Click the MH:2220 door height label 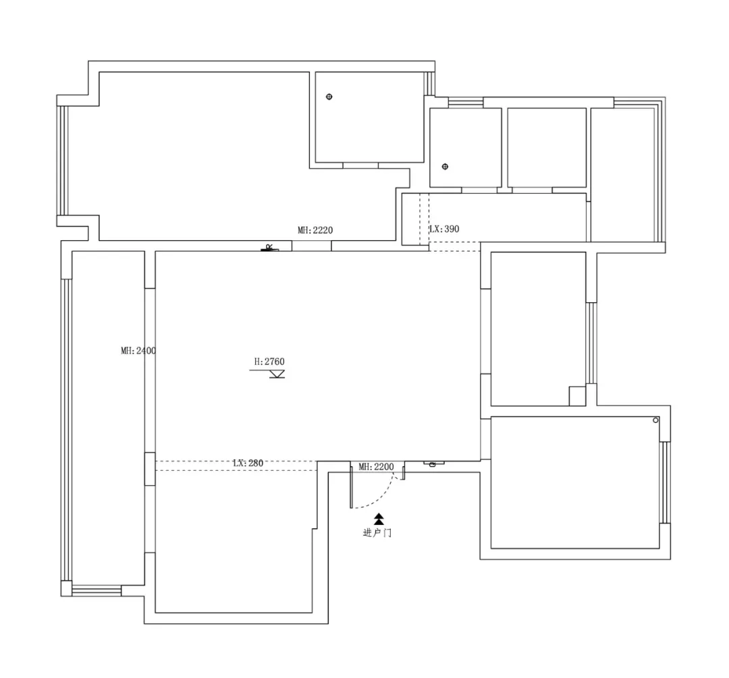[x=315, y=230]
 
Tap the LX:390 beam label [x=444, y=229]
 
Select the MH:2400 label [x=138, y=350]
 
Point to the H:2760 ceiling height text [x=269, y=362]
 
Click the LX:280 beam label [x=248, y=463]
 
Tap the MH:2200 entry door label [x=376, y=467]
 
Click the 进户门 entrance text [x=377, y=532]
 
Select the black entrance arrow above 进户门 [x=379, y=519]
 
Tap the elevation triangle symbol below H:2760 [x=277, y=374]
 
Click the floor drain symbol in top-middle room [x=329, y=96]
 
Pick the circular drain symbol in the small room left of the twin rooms [x=445, y=167]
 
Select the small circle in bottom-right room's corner [x=655, y=420]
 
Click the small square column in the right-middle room [x=577, y=396]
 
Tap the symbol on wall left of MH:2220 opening [x=269, y=248]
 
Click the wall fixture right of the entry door [x=434, y=463]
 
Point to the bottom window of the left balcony [x=97, y=591]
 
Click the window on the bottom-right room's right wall [x=665, y=482]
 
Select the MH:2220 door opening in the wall [x=311, y=246]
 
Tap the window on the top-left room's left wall [x=63, y=161]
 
